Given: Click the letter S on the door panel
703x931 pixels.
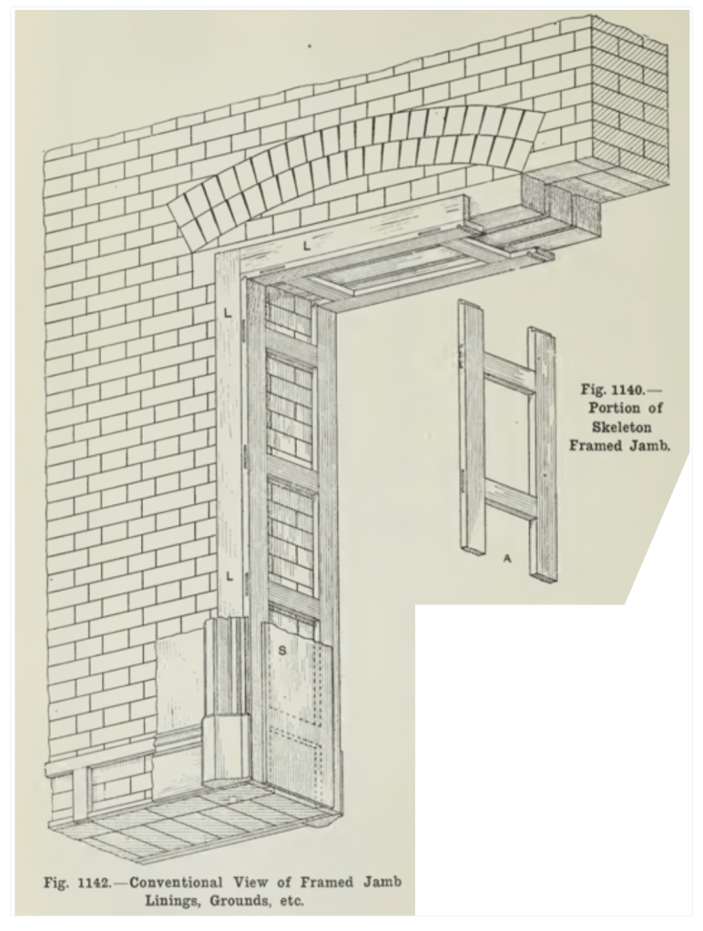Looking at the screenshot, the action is point(282,650).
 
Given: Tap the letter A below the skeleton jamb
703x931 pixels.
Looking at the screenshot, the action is point(507,558).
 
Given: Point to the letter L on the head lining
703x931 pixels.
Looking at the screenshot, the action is point(307,245).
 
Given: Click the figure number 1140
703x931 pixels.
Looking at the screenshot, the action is point(625,390).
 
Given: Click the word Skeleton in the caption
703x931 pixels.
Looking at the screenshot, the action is point(621,426).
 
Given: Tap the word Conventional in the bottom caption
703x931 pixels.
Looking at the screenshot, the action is point(176,883).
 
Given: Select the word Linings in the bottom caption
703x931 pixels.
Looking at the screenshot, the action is point(173,901).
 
